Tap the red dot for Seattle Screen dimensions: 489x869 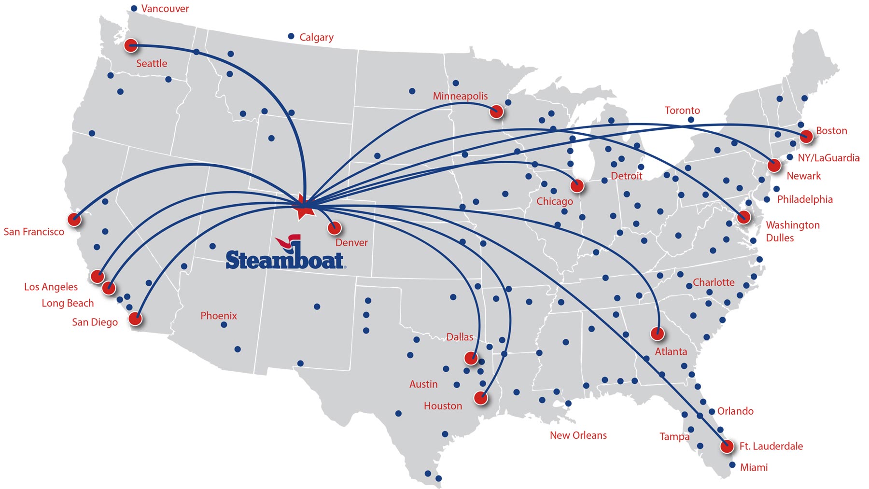(x=131, y=46)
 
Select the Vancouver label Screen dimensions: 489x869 (x=165, y=9)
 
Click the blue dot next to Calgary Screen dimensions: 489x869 (x=291, y=36)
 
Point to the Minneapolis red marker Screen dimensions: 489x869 (x=496, y=112)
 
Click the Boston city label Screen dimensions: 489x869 (x=831, y=131)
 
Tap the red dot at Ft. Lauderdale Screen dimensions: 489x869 (x=727, y=447)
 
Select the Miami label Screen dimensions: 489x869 (x=754, y=467)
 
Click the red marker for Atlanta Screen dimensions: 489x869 (x=658, y=334)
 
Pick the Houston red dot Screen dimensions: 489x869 (x=481, y=398)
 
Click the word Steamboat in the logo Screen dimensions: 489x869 (x=285, y=260)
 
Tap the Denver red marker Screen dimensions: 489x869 (x=335, y=227)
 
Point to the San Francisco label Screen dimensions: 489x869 (x=34, y=232)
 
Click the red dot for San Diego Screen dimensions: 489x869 (x=136, y=319)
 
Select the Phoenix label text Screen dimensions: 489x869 (x=219, y=316)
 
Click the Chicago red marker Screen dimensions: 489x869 (x=577, y=185)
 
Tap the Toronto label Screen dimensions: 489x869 (x=682, y=111)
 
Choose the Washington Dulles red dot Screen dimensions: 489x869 (x=744, y=217)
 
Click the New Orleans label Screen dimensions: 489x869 (x=578, y=435)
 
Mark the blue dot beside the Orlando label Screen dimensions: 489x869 (x=712, y=412)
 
